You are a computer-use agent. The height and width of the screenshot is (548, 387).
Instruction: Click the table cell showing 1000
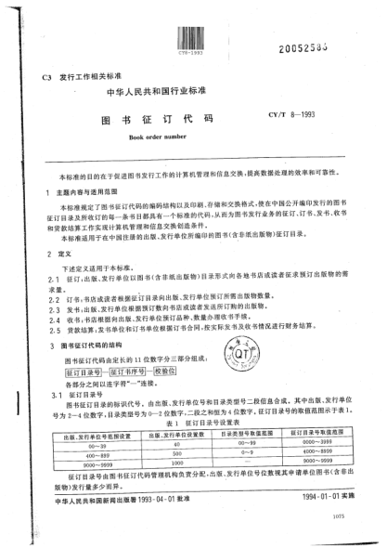click(x=174, y=463)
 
